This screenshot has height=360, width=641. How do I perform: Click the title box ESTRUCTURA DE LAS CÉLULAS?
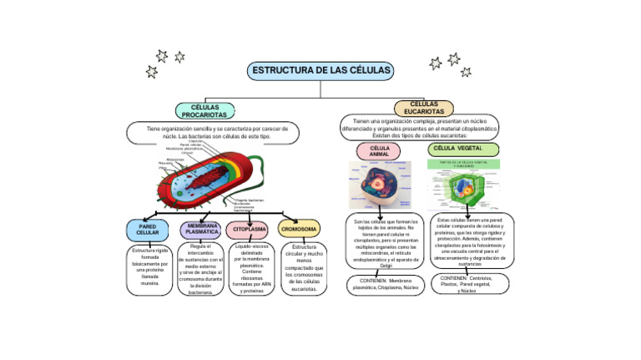coord(320,70)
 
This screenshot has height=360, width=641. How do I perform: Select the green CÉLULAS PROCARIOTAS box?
coord(204,111)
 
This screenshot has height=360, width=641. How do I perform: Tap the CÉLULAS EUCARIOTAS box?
coord(423,108)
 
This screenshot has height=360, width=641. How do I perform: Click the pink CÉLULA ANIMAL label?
coord(379,151)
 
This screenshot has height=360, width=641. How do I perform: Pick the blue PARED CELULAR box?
coord(148,229)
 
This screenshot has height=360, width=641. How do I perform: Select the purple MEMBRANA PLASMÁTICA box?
coord(201,229)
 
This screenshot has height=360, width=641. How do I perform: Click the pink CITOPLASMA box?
coord(250,229)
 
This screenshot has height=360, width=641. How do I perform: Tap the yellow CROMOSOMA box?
coord(299,229)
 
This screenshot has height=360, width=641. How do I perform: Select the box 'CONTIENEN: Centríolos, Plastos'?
coord(467,284)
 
